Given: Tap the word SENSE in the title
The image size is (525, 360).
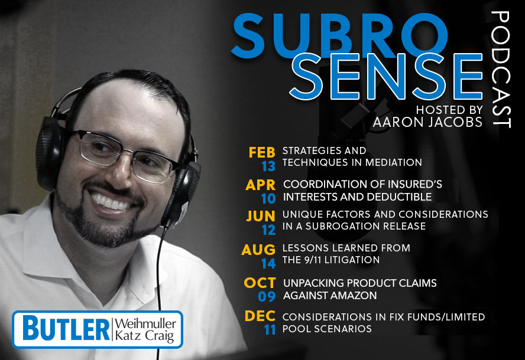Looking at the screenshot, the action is point(386,77).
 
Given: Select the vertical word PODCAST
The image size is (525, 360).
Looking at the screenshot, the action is point(501,69).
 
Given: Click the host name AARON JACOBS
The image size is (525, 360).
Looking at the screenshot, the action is point(427,122).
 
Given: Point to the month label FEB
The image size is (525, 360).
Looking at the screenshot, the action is point(262,152).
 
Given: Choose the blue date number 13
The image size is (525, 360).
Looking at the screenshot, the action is point(268,166).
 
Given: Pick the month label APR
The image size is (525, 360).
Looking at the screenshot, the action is point(261,185).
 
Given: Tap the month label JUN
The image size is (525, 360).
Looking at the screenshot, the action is point(261,216).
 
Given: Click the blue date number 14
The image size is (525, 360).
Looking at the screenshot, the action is point(268,264).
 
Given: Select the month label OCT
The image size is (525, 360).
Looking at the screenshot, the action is point(260,283).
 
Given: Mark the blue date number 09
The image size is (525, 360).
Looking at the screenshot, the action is point(267,296).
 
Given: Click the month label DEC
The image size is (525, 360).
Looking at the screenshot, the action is point(260,316).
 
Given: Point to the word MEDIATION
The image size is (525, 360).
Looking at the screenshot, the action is point(393,162).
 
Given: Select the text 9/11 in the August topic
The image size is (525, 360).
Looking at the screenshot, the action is point(309,260).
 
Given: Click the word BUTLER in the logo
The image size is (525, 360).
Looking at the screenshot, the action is point(66,329).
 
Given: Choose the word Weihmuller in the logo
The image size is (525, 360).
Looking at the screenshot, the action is point(145,323).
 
